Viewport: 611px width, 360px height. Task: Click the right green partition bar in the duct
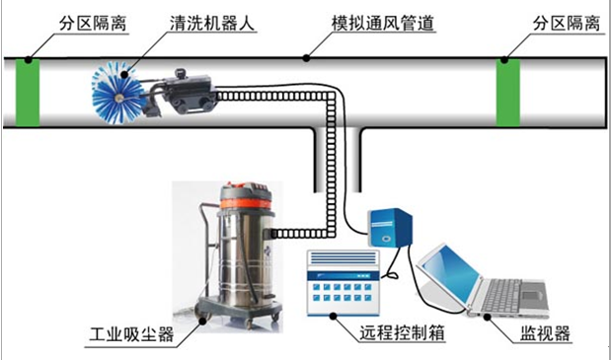tap(507, 92)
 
